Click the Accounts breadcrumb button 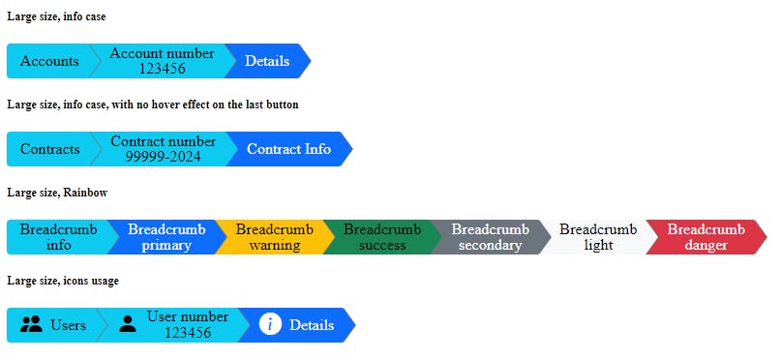point(49,61)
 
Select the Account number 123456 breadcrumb point(162,61)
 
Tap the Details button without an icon point(267,61)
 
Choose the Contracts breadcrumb point(50,149)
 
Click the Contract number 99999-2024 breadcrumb point(163,149)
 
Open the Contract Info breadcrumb point(288,149)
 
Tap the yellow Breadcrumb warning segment point(274,237)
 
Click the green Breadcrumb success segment point(382,237)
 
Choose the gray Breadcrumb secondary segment point(490,237)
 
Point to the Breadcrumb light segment point(598,237)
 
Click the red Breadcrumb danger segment point(706,237)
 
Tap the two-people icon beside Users point(31,325)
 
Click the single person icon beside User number point(128,325)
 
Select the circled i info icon point(271,324)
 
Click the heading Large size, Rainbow point(57,193)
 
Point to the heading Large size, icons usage point(63,281)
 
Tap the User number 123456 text point(188,325)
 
